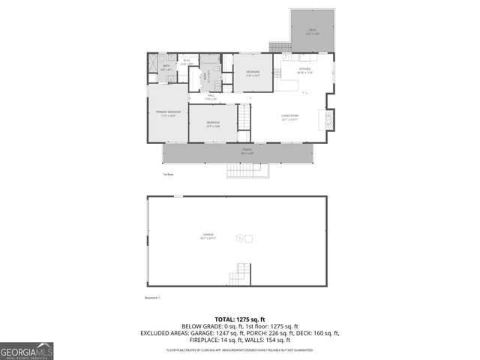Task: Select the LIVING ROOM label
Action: tap(289, 116)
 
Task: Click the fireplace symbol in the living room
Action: tap(325, 119)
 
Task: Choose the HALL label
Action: tap(211, 97)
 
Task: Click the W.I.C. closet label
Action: tap(187, 61)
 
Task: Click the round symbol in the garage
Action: tap(240, 238)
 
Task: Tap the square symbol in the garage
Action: tap(249, 238)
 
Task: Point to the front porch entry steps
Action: tap(247, 171)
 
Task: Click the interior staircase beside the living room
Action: tap(244, 118)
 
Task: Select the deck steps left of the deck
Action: tap(280, 46)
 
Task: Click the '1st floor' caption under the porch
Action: tap(168, 175)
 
